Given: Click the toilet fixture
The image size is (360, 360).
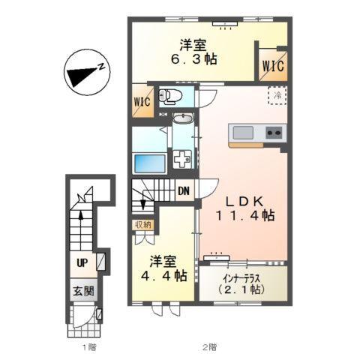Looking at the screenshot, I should point(170,96).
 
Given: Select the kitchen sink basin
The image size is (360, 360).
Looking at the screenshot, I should point(244,133).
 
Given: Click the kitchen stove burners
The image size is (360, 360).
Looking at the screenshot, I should point(272,133).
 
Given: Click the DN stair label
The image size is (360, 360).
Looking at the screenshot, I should point(182,190).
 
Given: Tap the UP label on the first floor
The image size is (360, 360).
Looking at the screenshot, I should point(82,262).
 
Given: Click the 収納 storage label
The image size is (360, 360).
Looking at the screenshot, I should point(142,223).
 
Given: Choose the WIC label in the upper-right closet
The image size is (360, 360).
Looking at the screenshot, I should point(272,65).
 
